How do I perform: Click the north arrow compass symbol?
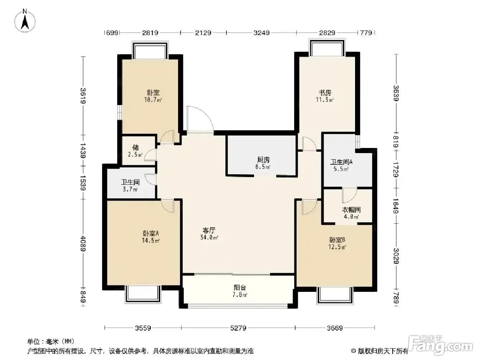[25, 21]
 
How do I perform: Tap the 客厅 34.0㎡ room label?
[209, 234]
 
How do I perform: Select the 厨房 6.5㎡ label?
[263, 163]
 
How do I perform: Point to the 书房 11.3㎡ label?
[325, 96]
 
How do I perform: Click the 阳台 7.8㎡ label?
[240, 291]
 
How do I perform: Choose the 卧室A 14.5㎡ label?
[151, 237]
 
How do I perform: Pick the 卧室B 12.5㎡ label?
[337, 243]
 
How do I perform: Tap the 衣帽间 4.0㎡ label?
[351, 213]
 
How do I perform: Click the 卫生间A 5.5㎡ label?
[341, 165]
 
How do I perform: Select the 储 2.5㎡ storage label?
[135, 151]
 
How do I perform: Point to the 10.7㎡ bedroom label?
[153, 96]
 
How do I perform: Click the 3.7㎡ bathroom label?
[130, 186]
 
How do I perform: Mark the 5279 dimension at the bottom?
[238, 328]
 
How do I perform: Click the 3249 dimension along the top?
[262, 33]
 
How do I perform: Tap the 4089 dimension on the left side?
[83, 243]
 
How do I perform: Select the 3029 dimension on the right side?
[396, 256]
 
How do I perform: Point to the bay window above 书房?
[327, 48]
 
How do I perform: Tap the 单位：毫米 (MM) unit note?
[51, 341]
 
